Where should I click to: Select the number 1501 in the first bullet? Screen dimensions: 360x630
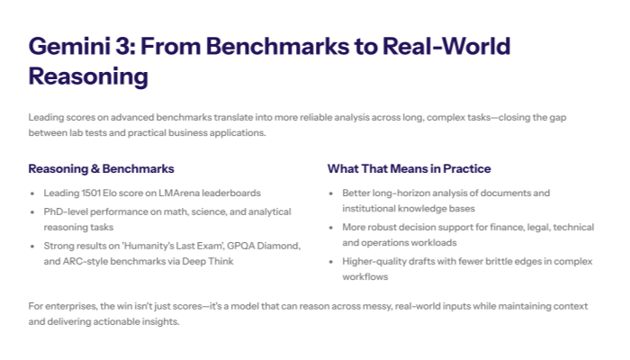point(91,193)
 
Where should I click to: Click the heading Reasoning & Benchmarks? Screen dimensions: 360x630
point(101,168)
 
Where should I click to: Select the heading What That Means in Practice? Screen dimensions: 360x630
point(409,168)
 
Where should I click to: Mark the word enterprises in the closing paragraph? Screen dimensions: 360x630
point(70,306)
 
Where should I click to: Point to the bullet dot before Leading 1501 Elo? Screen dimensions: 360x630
point(33,193)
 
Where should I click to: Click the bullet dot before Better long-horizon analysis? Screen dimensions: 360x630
point(332,193)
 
